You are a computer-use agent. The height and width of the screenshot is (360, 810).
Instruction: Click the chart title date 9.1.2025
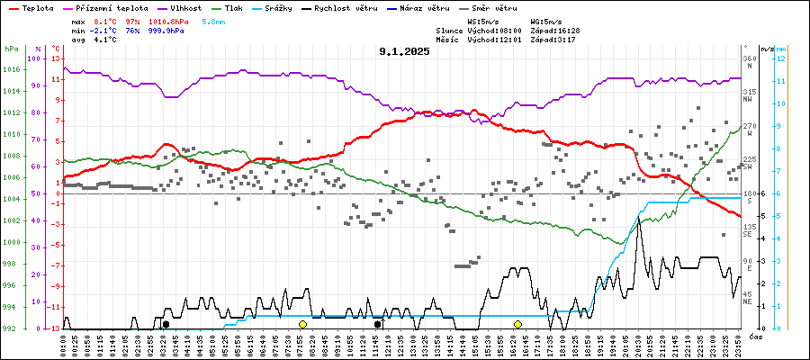point(404,51)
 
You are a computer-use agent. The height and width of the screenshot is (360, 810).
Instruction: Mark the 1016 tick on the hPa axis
point(12,69)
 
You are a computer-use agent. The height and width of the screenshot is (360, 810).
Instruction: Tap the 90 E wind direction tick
point(748,265)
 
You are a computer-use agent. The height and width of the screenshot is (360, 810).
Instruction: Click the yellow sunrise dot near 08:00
point(303,324)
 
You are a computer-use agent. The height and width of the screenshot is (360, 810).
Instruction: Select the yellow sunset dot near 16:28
point(517,324)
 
